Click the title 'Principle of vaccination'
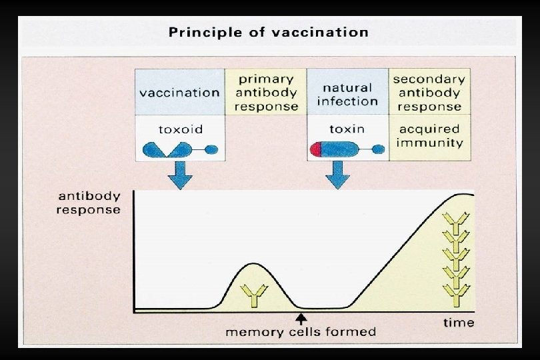click(268, 32)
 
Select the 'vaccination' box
click(179, 92)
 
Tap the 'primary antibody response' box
click(265, 92)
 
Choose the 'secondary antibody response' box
click(427, 92)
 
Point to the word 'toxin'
click(347, 128)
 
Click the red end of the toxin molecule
click(315, 149)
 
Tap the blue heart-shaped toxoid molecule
click(162, 149)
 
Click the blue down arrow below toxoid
click(179, 175)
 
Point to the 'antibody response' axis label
click(89, 203)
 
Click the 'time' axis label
click(459, 323)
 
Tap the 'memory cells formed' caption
click(300, 331)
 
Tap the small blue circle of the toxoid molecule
click(211, 149)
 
